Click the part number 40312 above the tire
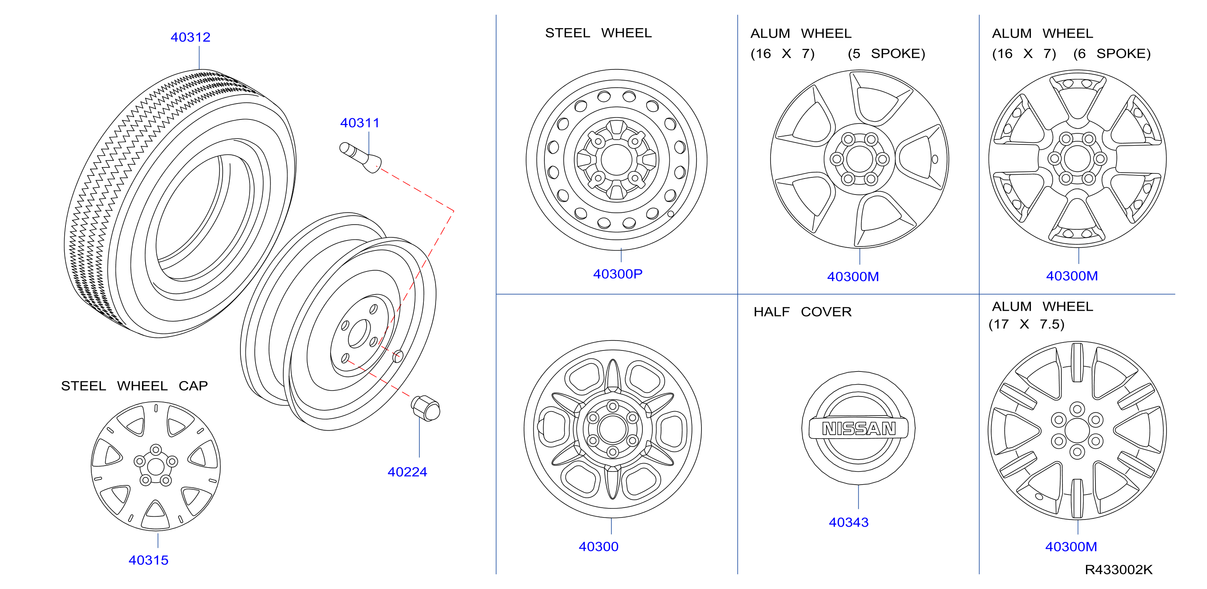(190, 37)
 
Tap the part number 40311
(359, 123)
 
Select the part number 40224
(407, 472)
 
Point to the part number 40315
(148, 560)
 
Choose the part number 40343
(849, 522)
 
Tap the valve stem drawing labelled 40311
(360, 158)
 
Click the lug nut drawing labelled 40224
(425, 408)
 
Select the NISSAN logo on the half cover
(858, 428)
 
